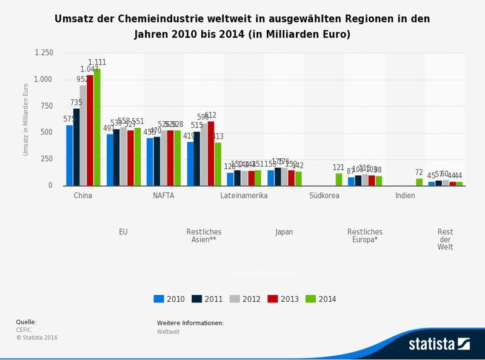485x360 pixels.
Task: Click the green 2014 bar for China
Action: click(x=97, y=127)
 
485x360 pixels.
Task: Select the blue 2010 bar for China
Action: click(x=70, y=155)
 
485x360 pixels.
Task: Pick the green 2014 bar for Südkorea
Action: click(x=338, y=179)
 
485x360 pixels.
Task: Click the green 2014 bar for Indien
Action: click(x=419, y=182)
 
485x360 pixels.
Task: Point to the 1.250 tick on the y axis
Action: click(x=44, y=53)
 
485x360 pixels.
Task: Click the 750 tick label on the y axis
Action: click(x=47, y=106)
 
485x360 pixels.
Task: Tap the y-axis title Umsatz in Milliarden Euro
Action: click(x=26, y=119)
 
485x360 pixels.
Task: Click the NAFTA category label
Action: click(x=164, y=196)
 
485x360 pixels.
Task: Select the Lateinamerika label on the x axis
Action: click(x=244, y=196)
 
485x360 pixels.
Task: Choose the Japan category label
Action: click(x=284, y=232)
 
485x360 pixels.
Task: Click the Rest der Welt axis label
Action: click(x=445, y=239)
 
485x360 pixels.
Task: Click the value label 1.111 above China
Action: click(x=97, y=62)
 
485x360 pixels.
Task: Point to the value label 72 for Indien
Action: click(x=419, y=173)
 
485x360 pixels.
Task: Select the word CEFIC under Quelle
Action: click(x=24, y=330)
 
